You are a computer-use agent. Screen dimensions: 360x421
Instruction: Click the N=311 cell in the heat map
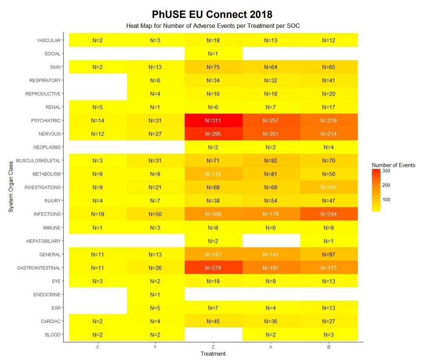pos(213,121)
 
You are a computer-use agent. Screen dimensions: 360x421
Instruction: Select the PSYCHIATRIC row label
pos(46,121)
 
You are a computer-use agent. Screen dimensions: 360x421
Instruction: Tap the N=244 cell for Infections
pos(328,214)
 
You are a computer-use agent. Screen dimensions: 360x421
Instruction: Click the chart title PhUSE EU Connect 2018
pos(212,15)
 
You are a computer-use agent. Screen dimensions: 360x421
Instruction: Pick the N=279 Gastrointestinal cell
pos(213,268)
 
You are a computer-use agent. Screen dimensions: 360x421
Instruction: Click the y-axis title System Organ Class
pos(11,187)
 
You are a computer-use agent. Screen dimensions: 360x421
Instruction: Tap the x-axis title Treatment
pos(213,353)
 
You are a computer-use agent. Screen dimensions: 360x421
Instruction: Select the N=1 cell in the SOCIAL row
pos(213,54)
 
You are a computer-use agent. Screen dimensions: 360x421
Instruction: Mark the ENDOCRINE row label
pos(47,294)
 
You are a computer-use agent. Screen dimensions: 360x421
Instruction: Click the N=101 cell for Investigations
pos(328,187)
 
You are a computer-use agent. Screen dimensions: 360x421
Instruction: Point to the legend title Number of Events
pos(393,165)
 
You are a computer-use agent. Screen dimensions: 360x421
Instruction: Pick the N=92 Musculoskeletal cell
pos(271,161)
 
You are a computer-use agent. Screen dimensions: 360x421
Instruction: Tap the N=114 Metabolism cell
pos(213,174)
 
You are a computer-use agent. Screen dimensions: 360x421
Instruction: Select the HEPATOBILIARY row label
pos(44,241)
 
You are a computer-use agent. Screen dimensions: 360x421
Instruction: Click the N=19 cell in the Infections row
pos(98,214)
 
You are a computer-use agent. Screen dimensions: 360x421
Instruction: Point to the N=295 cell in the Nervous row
pos(213,134)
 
